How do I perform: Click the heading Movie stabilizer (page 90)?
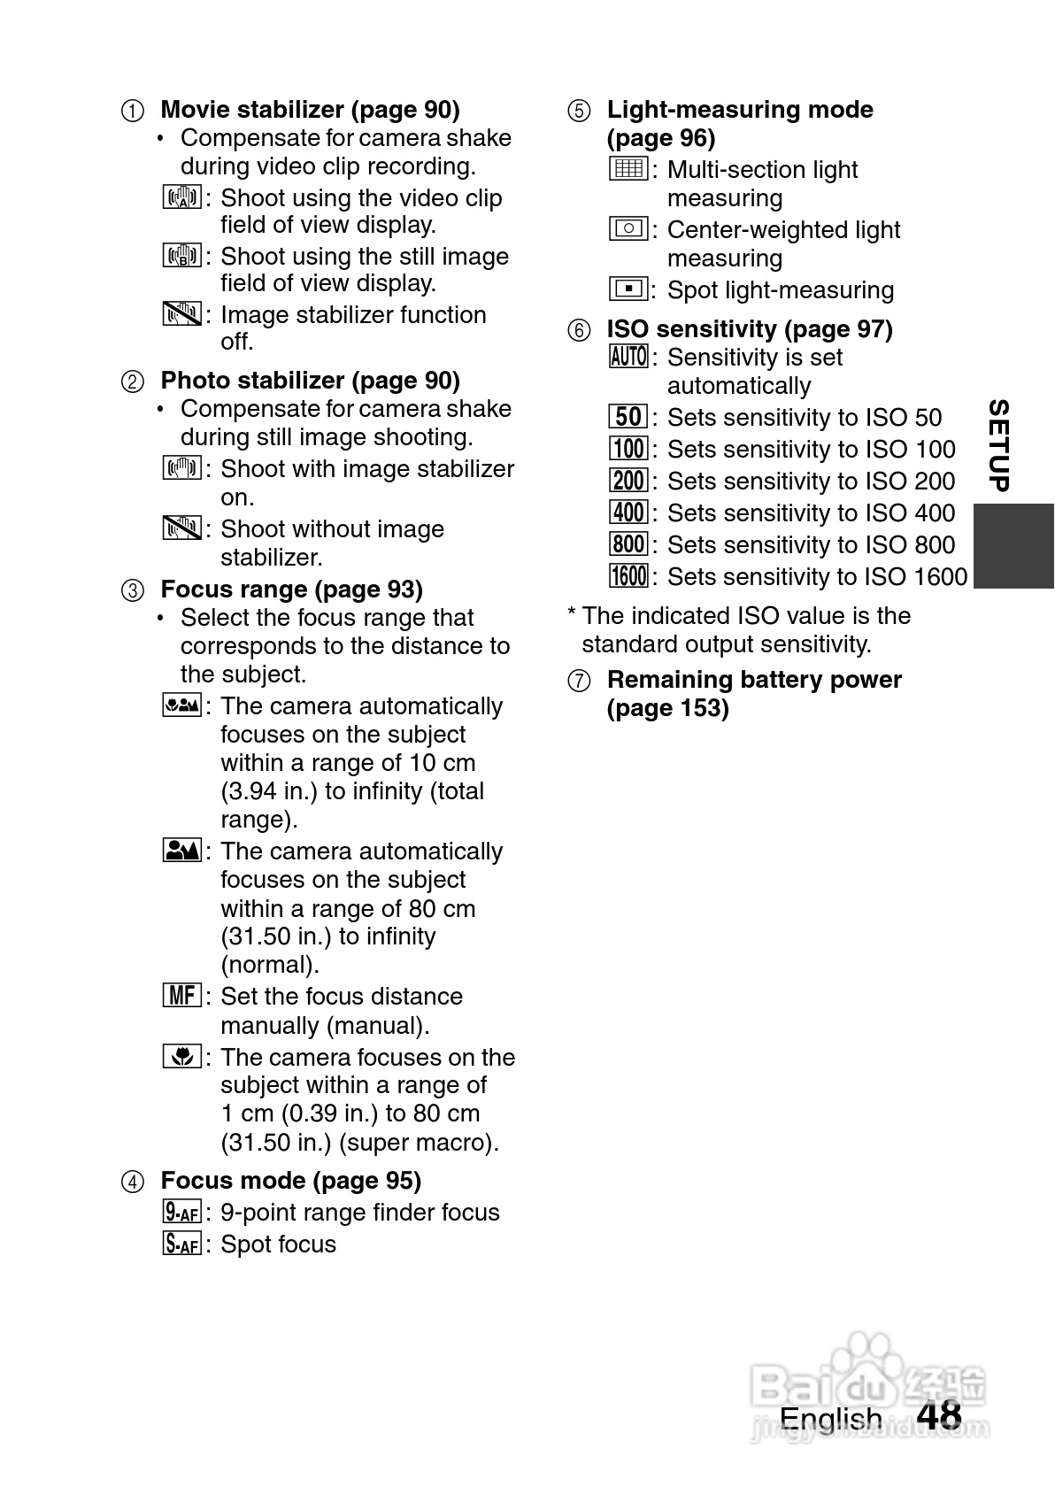[x=310, y=110]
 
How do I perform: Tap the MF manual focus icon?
[x=182, y=995]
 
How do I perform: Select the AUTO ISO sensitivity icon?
[x=628, y=357]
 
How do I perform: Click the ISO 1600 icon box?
[x=628, y=576]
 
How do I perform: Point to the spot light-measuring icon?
[x=628, y=289]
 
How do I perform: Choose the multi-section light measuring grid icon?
[x=628, y=168]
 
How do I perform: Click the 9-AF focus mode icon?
[x=182, y=1212]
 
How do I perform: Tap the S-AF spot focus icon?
[x=182, y=1244]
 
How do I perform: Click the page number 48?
[x=939, y=1414]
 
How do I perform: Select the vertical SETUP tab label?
[x=998, y=445]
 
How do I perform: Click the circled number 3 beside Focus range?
[x=132, y=590]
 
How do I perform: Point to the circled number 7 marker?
[x=578, y=681]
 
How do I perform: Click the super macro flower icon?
[x=182, y=1056]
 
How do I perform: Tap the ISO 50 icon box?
[x=628, y=417]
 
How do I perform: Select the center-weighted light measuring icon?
[x=628, y=228]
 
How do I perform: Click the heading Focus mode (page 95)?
[x=290, y=1181]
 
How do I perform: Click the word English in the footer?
[x=830, y=1418]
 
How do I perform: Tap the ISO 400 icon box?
[x=628, y=512]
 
